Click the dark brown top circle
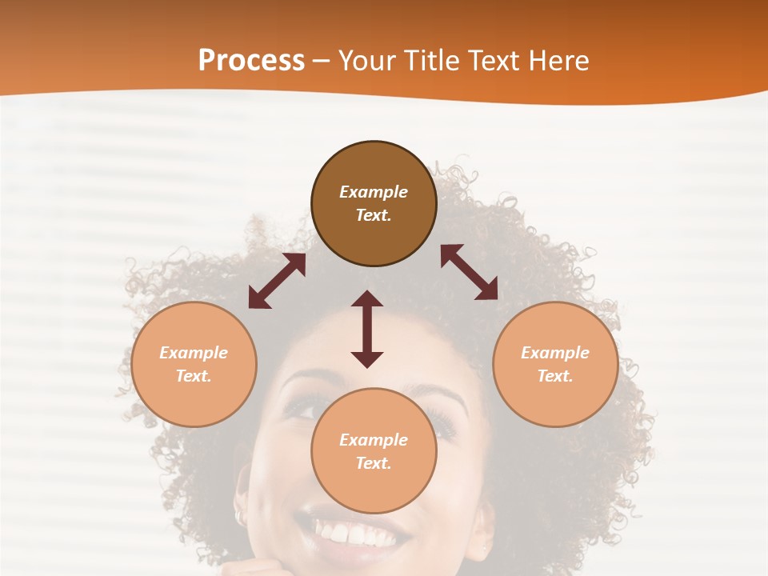coord(374,204)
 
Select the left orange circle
coord(194,364)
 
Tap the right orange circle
coord(555,364)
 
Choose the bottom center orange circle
coord(374,451)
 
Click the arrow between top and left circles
coord(277,281)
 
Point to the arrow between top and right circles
coord(469,272)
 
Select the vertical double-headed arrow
coord(367,329)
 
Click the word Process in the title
coord(251,60)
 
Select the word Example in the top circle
coord(374,192)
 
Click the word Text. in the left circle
coord(194,376)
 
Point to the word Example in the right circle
coord(555,353)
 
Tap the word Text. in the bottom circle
coord(374,463)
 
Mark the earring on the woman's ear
coord(238,518)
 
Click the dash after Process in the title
coord(321,61)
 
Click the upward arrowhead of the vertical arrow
coord(367,298)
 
